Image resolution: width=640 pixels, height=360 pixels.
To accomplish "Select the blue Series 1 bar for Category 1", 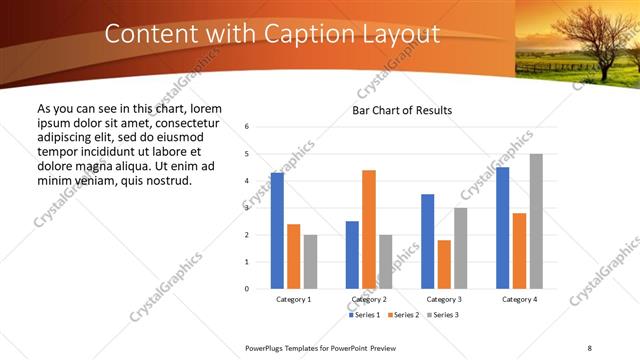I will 277,231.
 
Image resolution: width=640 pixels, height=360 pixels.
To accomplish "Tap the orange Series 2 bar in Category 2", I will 369,229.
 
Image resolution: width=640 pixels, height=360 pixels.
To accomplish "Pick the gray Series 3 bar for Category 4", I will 536,221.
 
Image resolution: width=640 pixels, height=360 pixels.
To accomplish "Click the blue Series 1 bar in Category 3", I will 427,241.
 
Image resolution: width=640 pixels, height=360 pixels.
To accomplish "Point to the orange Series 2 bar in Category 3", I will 444,264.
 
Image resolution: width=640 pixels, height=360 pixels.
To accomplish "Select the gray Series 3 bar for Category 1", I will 310,262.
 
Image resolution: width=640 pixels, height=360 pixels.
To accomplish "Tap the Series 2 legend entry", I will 402,315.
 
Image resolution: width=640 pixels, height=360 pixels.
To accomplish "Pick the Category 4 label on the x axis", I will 519,299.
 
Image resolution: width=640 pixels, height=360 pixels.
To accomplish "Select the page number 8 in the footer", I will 590,347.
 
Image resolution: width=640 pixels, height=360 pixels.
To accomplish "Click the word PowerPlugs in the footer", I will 267,347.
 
